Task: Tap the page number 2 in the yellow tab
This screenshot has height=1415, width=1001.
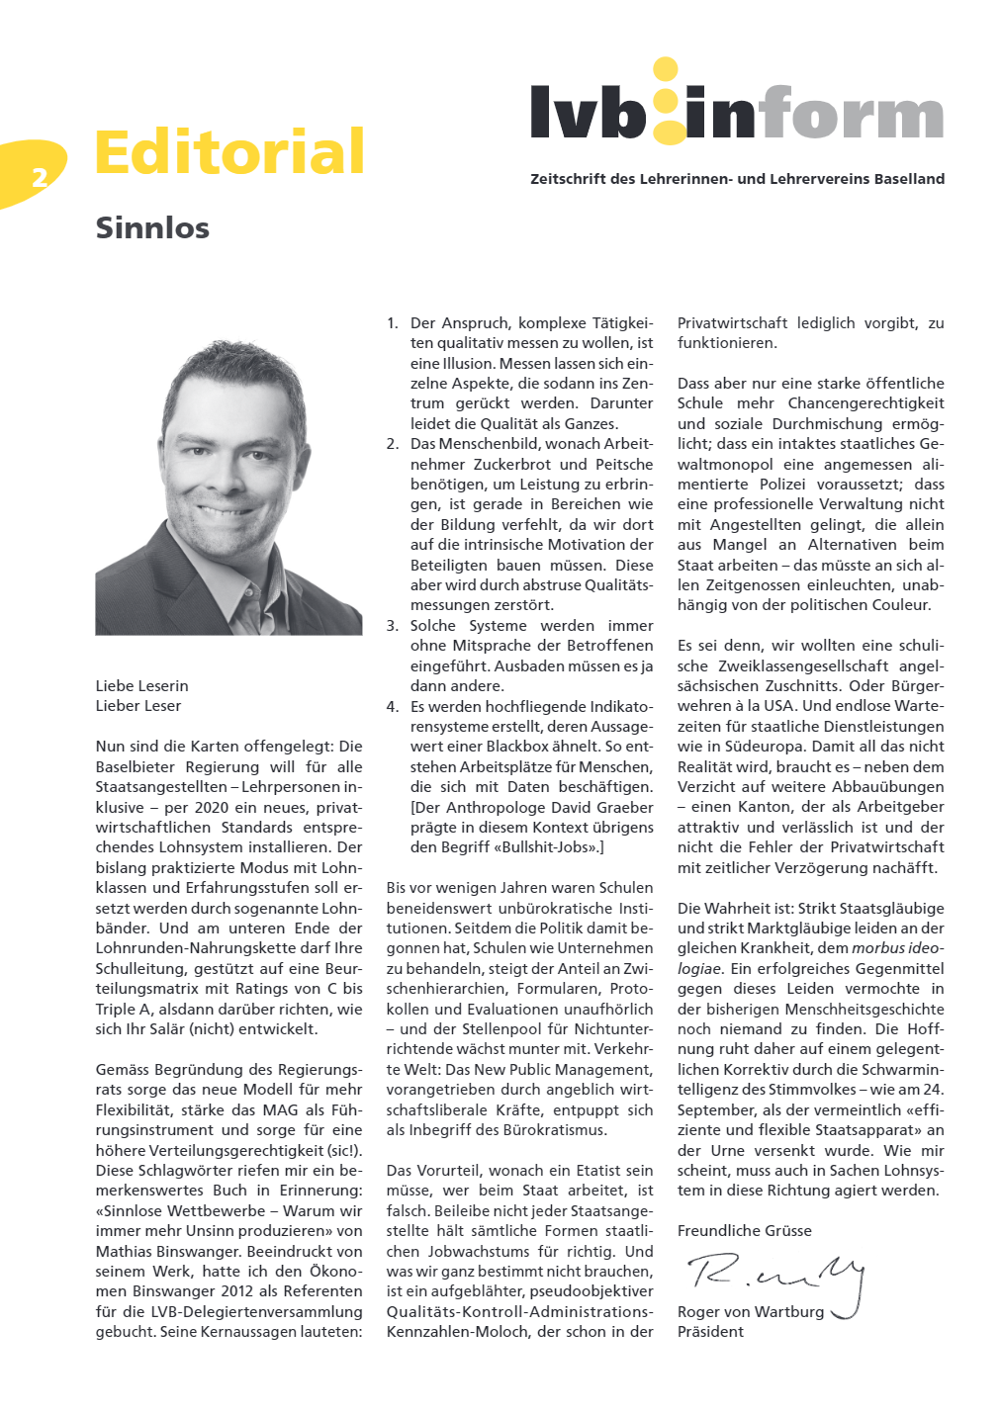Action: [x=40, y=177]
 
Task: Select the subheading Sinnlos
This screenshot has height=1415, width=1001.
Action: [x=152, y=227]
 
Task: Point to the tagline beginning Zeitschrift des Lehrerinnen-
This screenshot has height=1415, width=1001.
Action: [x=737, y=179]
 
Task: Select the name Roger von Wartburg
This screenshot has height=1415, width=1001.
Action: [x=751, y=1311]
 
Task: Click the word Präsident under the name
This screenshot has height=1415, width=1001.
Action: [x=710, y=1331]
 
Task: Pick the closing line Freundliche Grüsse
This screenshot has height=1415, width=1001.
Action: [x=744, y=1230]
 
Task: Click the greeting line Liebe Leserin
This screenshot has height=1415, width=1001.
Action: [x=141, y=685]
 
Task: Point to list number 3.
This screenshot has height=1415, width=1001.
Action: [x=392, y=625]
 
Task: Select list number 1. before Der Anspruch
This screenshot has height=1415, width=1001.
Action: [x=392, y=322]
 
